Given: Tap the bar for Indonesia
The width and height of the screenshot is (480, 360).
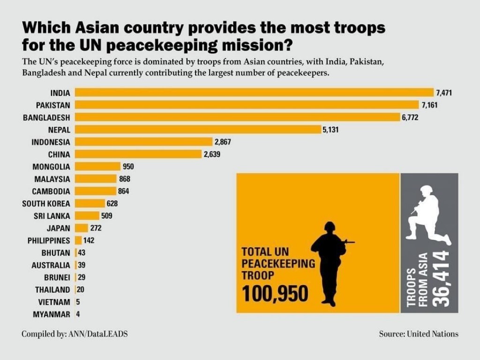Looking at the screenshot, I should click(x=143, y=142).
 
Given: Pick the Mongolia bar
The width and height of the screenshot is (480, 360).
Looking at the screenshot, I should click(x=97, y=166).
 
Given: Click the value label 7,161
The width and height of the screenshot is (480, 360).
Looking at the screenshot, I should click(x=429, y=105).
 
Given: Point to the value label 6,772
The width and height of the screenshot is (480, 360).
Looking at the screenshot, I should click(x=410, y=117).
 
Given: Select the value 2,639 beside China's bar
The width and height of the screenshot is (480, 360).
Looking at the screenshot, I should click(x=212, y=154).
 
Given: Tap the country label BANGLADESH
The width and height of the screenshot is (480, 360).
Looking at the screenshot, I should click(x=46, y=117).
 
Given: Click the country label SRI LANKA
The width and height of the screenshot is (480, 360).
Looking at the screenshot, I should click(x=52, y=216).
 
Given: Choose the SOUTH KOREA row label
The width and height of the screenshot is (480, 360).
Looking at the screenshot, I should click(x=46, y=203).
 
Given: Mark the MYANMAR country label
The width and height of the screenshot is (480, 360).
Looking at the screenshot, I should click(x=52, y=315).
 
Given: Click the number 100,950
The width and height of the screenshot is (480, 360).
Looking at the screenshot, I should click(x=275, y=294).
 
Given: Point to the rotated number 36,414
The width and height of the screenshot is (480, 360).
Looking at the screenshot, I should click(x=441, y=279).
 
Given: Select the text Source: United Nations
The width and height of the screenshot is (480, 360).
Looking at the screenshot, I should click(x=419, y=334).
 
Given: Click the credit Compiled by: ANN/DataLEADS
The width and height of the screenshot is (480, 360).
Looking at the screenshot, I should click(x=75, y=334).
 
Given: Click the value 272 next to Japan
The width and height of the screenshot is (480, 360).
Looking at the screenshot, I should click(x=96, y=228).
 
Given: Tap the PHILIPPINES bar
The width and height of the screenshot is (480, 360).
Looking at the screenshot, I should click(x=78, y=240).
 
